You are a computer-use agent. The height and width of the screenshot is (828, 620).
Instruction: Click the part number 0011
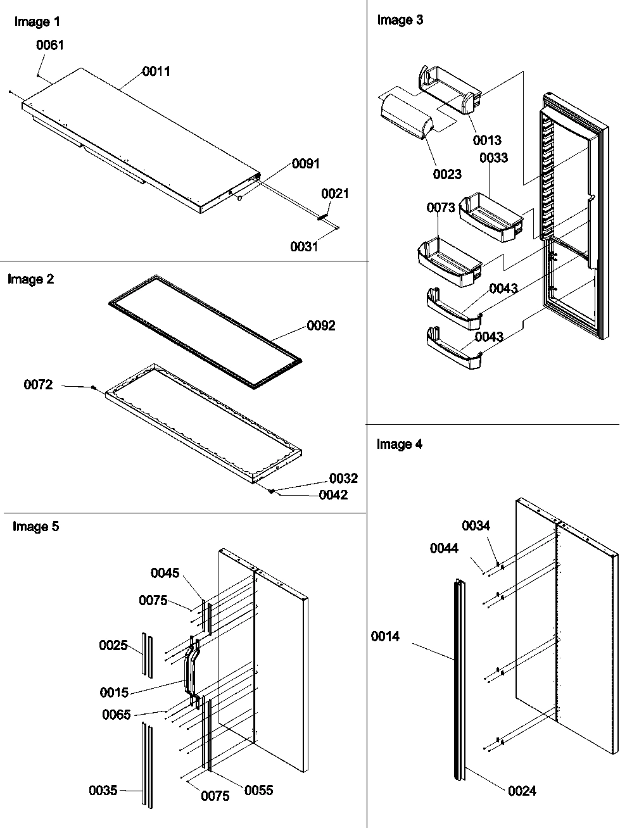[156, 72]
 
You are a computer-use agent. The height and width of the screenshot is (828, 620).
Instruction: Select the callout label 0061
[50, 45]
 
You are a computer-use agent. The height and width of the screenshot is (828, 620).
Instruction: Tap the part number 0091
[305, 164]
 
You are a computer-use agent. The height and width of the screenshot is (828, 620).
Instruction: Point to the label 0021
[335, 194]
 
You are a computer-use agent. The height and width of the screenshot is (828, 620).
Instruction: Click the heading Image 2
[30, 279]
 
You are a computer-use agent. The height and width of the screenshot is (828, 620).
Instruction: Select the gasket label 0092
[321, 326]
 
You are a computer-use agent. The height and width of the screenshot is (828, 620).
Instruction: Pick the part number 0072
[38, 385]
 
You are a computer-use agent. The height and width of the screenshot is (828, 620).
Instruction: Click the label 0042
[333, 495]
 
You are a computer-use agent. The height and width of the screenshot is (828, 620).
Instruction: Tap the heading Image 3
[400, 20]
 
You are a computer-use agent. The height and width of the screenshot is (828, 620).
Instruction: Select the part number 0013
[486, 141]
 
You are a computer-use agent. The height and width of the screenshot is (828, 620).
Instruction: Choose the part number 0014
[386, 636]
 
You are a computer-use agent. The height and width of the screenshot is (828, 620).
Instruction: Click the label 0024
[522, 791]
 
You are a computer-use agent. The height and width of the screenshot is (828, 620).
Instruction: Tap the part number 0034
[476, 526]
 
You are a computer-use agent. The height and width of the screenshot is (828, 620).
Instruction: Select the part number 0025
[113, 646]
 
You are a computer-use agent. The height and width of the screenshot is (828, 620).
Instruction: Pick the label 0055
[258, 790]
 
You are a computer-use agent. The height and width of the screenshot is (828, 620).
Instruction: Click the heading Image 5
[35, 527]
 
